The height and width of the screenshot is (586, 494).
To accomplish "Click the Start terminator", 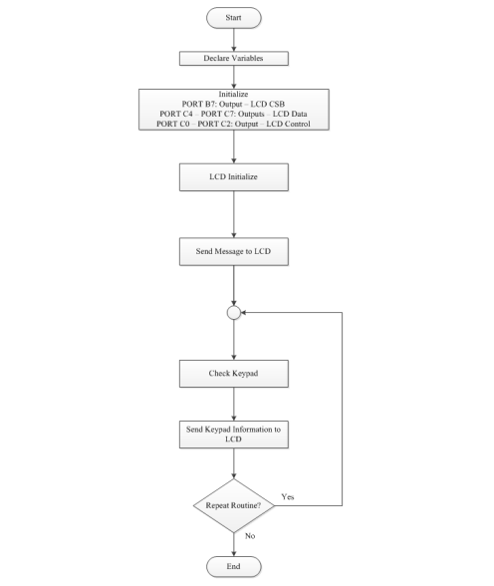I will [x=233, y=17].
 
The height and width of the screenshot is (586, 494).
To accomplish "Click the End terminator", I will [x=233, y=566].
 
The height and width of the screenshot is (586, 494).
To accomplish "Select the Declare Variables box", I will [x=233, y=58].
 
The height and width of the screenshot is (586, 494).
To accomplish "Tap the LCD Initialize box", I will [x=233, y=177].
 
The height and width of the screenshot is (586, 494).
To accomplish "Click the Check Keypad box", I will [x=233, y=376].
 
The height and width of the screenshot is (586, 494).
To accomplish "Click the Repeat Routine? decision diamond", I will [x=233, y=506].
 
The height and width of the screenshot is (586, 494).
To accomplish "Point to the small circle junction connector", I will [x=233, y=312].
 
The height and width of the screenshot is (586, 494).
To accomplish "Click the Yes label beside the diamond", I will [x=289, y=495].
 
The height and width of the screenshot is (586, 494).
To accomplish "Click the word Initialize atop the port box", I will [x=233, y=94].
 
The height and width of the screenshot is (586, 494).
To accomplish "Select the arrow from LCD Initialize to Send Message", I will [x=233, y=214].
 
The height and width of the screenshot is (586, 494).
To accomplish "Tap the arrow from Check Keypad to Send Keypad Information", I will [x=233, y=404].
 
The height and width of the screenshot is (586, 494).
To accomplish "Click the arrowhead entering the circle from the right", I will [x=245, y=312].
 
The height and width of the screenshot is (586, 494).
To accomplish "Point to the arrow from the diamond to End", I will [x=233, y=543].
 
